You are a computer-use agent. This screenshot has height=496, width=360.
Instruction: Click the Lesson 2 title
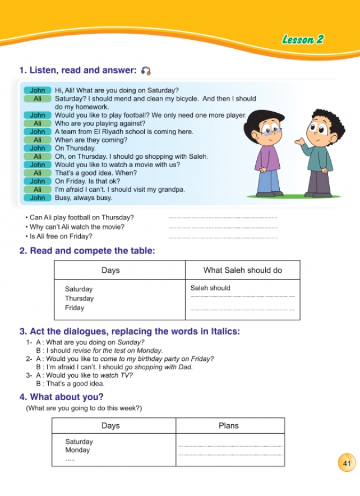point(302,39)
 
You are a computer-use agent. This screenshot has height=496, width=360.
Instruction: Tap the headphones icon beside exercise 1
point(146,71)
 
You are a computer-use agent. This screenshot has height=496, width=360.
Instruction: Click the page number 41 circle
point(347,463)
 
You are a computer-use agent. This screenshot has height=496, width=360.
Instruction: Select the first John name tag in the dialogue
point(38,90)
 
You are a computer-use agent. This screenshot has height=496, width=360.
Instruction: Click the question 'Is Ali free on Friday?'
point(61,236)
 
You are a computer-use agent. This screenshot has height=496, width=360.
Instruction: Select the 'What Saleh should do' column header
point(242,270)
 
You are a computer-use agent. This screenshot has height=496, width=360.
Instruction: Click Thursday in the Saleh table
point(79,298)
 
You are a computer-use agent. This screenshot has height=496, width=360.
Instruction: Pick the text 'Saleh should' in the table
point(210,288)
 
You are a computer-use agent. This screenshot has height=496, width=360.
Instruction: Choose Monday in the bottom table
point(77,450)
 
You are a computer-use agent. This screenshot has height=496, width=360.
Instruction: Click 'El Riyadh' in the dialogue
point(106,132)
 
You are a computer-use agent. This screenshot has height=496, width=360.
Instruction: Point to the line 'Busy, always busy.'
point(83,198)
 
